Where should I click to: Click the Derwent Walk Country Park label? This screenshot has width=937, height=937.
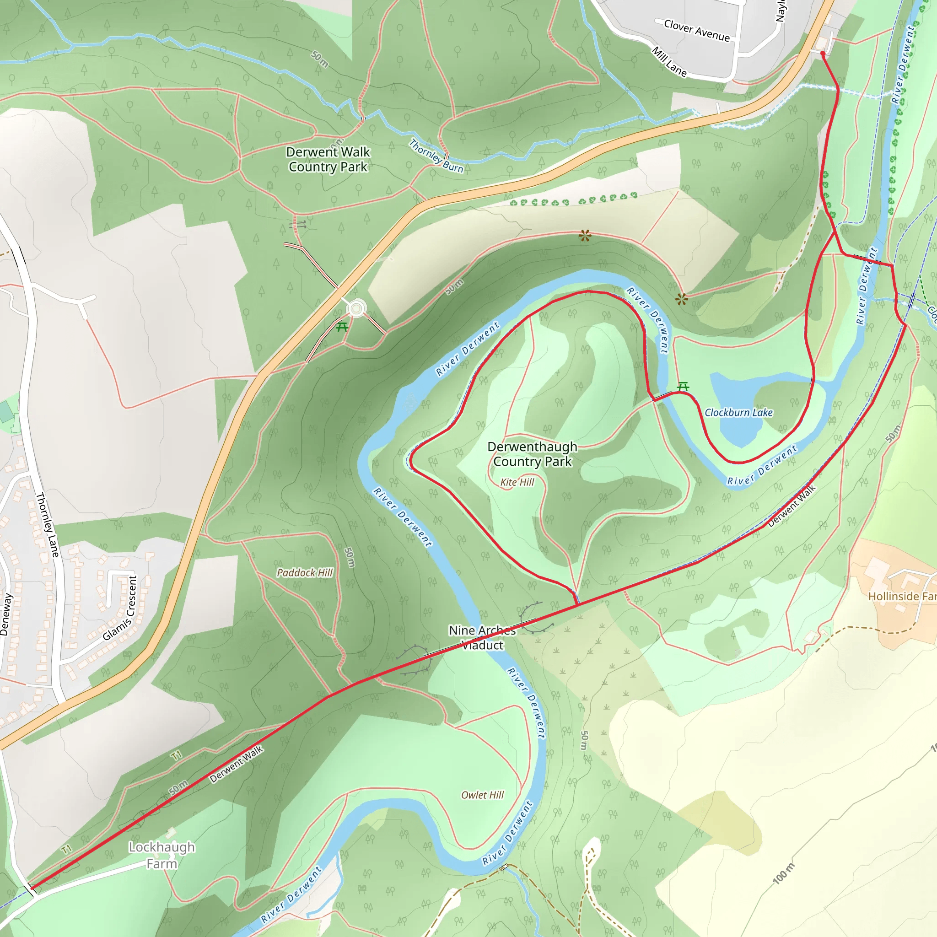[328, 159]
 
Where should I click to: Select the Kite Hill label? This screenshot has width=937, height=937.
[517, 482]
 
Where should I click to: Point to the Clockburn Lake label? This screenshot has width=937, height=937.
[738, 413]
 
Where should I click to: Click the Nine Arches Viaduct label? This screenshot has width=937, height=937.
[482, 637]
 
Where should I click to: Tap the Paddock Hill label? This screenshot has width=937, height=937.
[305, 573]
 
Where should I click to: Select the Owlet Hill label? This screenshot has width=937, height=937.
[482, 795]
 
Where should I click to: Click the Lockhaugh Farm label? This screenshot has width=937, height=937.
[162, 855]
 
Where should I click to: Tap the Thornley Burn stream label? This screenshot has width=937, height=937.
[436, 156]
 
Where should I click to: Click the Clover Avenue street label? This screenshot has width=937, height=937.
[696, 31]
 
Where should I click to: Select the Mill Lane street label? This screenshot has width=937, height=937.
[669, 62]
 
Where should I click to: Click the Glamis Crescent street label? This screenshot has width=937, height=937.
[120, 608]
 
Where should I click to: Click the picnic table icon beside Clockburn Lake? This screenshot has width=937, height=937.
[683, 387]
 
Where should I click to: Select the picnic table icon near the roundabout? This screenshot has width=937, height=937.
[342, 326]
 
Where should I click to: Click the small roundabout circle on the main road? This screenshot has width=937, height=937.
[356, 308]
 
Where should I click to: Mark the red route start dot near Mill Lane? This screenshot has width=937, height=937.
[823, 54]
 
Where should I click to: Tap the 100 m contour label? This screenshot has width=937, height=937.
[783, 873]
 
